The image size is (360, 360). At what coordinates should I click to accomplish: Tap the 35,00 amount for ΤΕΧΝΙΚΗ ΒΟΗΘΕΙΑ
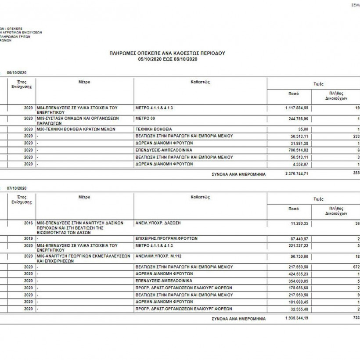(x=303, y=129)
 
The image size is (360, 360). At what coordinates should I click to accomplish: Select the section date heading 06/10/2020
(x=17, y=72)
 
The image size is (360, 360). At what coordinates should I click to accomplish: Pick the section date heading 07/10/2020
(x=17, y=188)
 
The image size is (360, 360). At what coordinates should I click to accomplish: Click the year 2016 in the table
(x=29, y=223)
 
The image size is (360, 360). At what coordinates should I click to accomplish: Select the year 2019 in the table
(x=29, y=238)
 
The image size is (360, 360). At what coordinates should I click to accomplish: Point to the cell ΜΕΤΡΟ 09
(x=145, y=119)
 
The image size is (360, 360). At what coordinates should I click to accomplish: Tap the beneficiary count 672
(x=356, y=266)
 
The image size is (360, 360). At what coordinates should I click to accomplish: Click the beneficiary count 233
(x=356, y=136)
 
